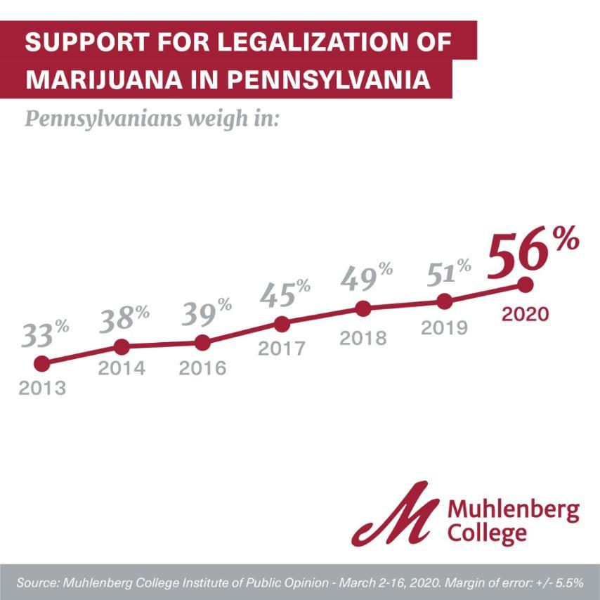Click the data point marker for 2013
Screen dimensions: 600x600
(x=42, y=363)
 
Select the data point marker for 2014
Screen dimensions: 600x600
(x=122, y=346)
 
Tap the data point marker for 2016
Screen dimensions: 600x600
(x=202, y=343)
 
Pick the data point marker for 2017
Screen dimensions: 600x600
(x=282, y=324)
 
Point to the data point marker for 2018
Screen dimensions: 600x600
(x=363, y=308)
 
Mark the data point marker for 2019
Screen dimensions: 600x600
(x=444, y=301)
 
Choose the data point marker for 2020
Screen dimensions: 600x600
(x=525, y=285)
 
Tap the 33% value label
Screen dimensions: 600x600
(x=45, y=334)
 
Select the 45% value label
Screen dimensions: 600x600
(x=285, y=294)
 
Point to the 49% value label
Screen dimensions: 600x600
(x=366, y=276)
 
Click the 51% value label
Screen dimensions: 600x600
(x=447, y=271)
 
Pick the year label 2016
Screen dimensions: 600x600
(x=202, y=368)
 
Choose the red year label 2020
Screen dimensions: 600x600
(x=525, y=313)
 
